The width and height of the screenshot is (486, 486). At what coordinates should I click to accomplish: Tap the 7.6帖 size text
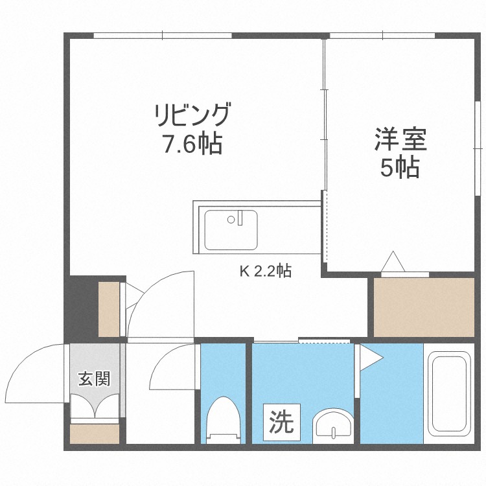click(x=192, y=144)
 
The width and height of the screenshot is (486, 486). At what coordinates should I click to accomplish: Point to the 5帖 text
click(x=399, y=168)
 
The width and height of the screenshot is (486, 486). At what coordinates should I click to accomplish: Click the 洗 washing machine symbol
click(x=281, y=422)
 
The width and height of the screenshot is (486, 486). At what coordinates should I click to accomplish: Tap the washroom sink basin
click(x=332, y=426)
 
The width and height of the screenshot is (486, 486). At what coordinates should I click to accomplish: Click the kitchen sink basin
click(x=231, y=230)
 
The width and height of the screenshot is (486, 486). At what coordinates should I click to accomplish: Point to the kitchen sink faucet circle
click(x=230, y=220)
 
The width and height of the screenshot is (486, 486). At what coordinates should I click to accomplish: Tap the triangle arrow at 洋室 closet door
click(x=393, y=262)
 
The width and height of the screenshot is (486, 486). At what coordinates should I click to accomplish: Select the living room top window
click(x=163, y=35)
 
